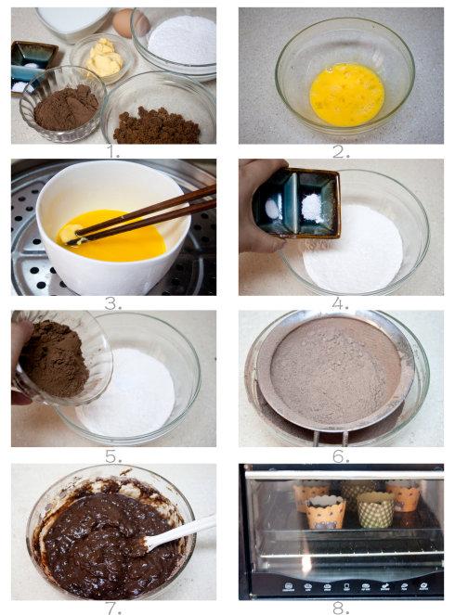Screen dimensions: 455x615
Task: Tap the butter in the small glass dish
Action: click(104, 58)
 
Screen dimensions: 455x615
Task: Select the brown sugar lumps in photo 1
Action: click(156, 126)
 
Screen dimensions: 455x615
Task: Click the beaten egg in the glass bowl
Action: click(346, 95)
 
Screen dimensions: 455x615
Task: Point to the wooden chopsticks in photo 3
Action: click(142, 215)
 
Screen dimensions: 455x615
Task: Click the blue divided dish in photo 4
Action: click(297, 203)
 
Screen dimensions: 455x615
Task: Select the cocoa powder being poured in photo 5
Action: click(55, 359)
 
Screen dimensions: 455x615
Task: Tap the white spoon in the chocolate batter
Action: click(178, 532)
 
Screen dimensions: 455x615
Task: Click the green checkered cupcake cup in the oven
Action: click(375, 510)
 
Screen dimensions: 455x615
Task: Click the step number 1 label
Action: click(113, 151)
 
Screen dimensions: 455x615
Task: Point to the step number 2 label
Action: click(341, 151)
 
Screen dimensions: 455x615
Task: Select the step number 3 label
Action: click(112, 303)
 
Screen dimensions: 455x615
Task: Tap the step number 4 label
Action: click(340, 303)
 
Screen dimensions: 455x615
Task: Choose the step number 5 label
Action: click(113, 456)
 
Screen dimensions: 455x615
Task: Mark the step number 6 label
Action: click(341, 456)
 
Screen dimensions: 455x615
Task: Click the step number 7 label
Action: click(113, 609)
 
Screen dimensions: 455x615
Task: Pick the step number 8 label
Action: click(341, 609)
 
